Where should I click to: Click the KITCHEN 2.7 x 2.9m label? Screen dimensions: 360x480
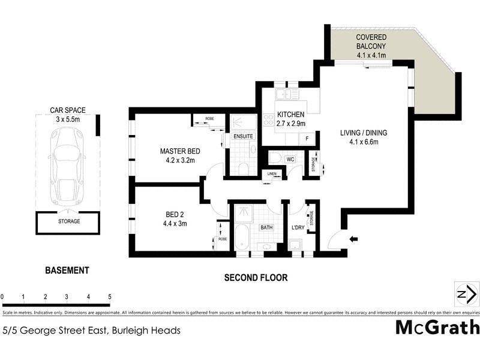coord(291,119)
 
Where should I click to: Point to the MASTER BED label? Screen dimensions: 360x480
coord(179,155)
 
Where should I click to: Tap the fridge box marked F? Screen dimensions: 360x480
coord(307,139)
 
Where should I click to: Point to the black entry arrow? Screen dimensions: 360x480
coord(353,239)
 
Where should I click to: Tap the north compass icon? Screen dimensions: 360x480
coord(466,294)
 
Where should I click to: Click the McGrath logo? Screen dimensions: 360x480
coord(437,328)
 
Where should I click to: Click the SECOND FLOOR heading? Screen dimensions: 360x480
coord(256,278)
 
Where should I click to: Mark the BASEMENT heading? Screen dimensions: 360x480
coord(67,271)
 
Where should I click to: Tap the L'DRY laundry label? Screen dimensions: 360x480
coord(298,227)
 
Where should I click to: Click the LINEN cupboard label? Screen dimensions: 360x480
coord(272,173)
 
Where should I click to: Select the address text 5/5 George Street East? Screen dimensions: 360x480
coord(92,330)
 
